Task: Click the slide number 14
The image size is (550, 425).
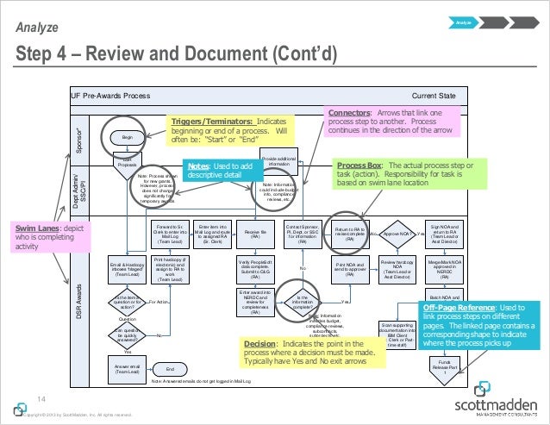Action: tap(40, 397)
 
